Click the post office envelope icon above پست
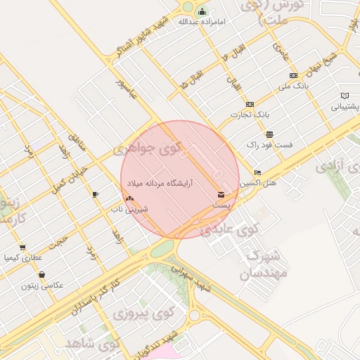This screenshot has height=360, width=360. click(x=221, y=194)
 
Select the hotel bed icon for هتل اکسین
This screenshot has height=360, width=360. click(x=258, y=172)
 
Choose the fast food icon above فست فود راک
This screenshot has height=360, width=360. click(x=269, y=134)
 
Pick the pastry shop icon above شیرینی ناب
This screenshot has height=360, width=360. click(x=129, y=198)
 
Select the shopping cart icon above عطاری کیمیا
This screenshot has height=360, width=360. click(x=22, y=247)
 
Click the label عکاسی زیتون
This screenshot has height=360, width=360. click(x=42, y=285)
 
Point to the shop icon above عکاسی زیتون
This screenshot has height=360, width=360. click(x=41, y=275)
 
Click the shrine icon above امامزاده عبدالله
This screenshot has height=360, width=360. click(x=202, y=11)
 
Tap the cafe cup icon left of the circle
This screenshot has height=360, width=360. click(x=96, y=194)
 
